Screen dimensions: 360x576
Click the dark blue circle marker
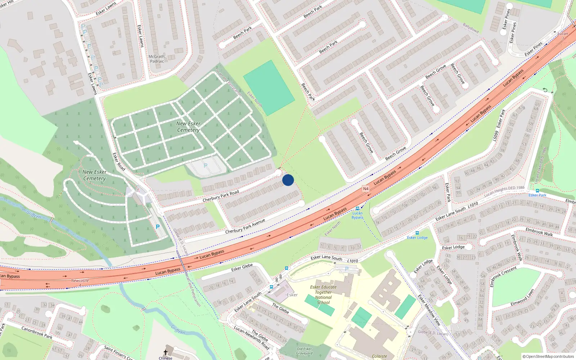pyautogui.click(x=288, y=180)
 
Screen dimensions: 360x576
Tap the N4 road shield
pyautogui.click(x=366, y=189)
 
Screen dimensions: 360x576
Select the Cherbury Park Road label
pyautogui.click(x=221, y=196)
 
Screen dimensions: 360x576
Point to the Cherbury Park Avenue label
pyautogui.click(x=245, y=226)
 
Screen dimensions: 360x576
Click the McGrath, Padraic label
pyautogui.click(x=157, y=59)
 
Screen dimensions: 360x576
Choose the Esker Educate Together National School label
pyautogui.click(x=323, y=295)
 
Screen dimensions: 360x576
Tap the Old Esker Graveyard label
pyautogui.click(x=304, y=351)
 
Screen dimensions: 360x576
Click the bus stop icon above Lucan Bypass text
pyautogui.click(x=357, y=208)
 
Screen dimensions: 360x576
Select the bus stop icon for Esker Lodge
pyautogui.click(x=417, y=233)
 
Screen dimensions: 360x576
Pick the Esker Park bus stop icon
pyautogui.click(x=537, y=191)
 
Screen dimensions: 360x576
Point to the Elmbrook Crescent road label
pyautogui.click(x=503, y=276)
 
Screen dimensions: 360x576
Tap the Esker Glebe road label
pyautogui.click(x=242, y=267)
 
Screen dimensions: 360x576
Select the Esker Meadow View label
pyautogui.click(x=429, y=310)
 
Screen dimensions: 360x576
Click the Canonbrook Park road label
pyautogui.click(x=37, y=332)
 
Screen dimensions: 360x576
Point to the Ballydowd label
pyautogui.click(x=471, y=28)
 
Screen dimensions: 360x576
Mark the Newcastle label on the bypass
pyautogui.click(x=80, y=280)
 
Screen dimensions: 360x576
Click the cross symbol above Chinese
pyautogui.click(x=166, y=352)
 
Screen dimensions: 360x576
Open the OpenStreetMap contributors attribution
pyautogui.click(x=548, y=356)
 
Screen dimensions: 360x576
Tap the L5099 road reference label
pyautogui.click(x=496, y=136)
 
